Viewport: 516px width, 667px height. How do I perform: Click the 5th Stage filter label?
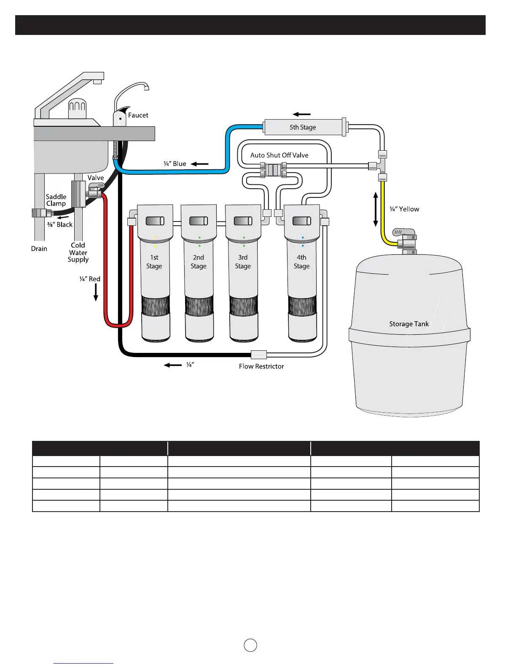click(302, 127)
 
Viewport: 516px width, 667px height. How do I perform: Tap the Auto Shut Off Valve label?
click(279, 155)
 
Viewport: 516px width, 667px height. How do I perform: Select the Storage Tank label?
click(409, 324)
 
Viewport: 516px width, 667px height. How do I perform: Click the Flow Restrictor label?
click(261, 366)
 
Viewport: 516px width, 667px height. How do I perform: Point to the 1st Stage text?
click(154, 261)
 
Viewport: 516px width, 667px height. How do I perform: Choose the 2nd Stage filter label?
click(199, 261)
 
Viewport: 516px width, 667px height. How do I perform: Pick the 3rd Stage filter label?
click(243, 261)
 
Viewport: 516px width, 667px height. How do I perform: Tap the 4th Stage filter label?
click(301, 261)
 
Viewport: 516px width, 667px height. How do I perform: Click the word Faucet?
click(138, 115)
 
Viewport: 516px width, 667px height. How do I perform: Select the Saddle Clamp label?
click(56, 200)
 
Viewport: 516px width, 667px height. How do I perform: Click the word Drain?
click(39, 248)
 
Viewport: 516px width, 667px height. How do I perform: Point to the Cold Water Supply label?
click(78, 252)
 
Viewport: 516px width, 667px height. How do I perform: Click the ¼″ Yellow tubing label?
click(404, 209)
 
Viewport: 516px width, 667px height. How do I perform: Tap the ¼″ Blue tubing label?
click(175, 164)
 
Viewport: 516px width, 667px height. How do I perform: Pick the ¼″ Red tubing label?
click(90, 279)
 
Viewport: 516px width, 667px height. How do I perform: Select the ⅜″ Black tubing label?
click(60, 224)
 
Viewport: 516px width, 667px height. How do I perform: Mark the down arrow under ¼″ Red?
click(96, 292)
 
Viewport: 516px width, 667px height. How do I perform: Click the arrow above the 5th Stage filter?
click(302, 114)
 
